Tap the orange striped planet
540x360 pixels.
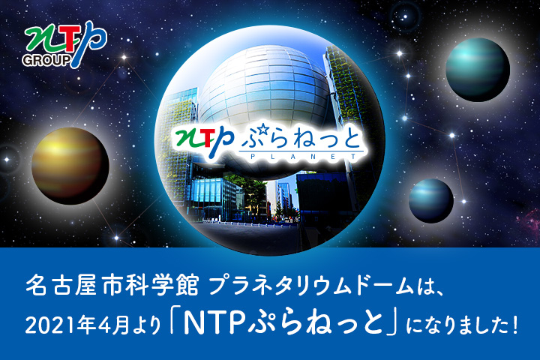pyautogui.click(x=70, y=166)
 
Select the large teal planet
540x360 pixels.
pyautogui.click(x=478, y=70)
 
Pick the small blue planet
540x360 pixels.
pyautogui.click(x=431, y=200)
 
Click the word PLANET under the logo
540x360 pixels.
pyautogui.click(x=304, y=157)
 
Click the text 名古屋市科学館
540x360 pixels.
pyautogui.click(x=112, y=286)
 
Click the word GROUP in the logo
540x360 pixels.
pyautogui.click(x=46, y=61)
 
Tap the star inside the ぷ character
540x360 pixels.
pyautogui.click(x=264, y=130)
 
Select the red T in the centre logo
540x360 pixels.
pyautogui.click(x=207, y=139)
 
